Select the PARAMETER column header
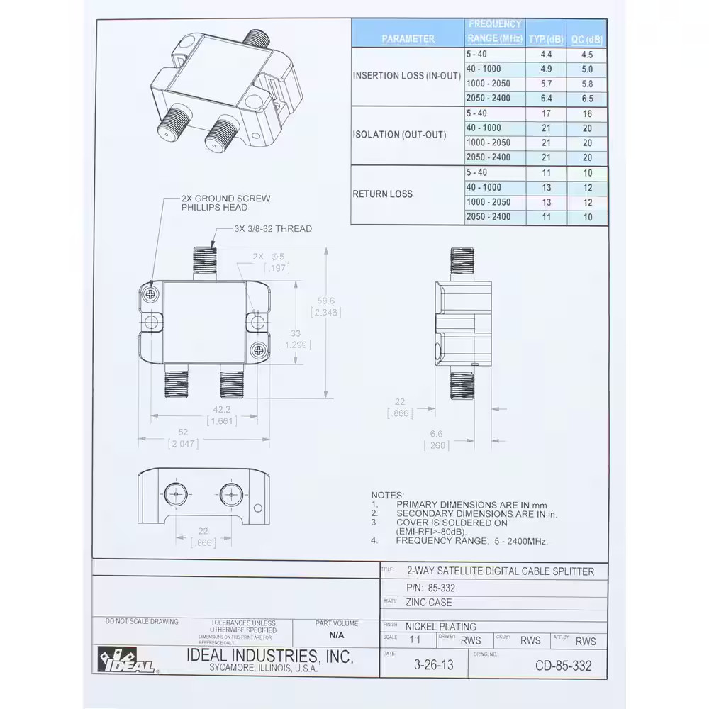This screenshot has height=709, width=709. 408,39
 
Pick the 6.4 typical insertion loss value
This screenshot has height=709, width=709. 546,99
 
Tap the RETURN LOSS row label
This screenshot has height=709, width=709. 382,194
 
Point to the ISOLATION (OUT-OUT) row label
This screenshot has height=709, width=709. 400,135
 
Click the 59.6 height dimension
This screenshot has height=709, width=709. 326,301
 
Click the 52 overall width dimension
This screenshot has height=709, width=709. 183,432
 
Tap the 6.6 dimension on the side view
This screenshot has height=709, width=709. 436,434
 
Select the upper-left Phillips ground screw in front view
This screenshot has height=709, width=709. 150,294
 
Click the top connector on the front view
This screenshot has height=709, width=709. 204,262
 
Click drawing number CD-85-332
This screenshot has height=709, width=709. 563,665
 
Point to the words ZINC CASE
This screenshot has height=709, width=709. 428,603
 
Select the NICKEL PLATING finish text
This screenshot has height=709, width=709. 440,626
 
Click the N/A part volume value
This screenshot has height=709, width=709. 336,637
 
